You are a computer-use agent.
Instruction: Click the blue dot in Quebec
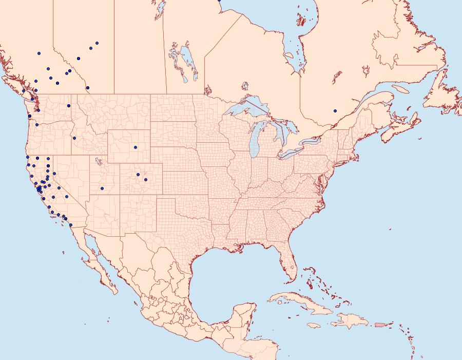point(335,110)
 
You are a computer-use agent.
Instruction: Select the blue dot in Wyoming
point(136,147)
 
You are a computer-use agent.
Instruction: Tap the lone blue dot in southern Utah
point(102,188)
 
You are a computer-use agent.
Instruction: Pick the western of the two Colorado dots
point(138,175)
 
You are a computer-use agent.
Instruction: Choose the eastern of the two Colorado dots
point(146,180)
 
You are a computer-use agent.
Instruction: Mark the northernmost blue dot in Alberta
point(97,43)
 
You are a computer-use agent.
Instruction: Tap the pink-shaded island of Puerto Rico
point(379,324)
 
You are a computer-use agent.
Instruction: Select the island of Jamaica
point(314,325)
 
